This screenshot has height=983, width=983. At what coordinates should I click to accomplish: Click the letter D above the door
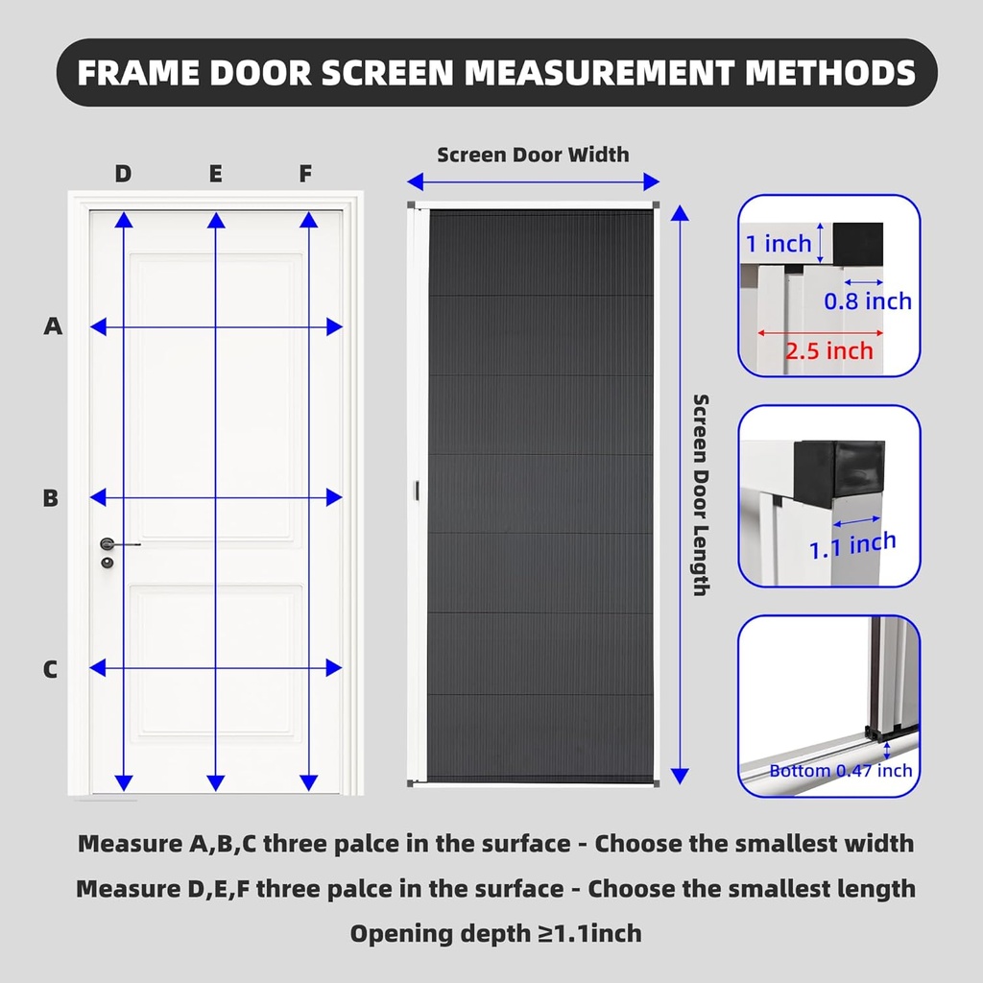[x=123, y=174]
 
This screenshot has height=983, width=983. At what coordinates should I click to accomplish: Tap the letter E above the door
[x=215, y=174]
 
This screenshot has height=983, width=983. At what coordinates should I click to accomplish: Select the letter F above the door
[x=305, y=174]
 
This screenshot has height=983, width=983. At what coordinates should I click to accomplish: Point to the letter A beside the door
[x=53, y=326]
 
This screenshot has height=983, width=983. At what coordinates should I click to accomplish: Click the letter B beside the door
[x=51, y=498]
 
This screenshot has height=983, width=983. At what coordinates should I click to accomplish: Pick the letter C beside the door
[x=51, y=669]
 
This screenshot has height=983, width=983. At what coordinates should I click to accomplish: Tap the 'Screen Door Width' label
[x=533, y=155]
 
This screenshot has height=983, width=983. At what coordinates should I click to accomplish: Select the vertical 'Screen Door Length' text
[x=702, y=494]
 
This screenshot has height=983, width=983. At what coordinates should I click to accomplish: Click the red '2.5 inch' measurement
[x=829, y=350]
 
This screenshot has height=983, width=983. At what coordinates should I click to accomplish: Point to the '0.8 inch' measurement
[x=867, y=301]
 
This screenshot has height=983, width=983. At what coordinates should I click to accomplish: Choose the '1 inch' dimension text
[x=779, y=244]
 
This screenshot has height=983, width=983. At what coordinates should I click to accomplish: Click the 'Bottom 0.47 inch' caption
[x=840, y=771]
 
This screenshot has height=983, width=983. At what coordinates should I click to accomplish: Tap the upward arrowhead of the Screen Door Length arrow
[x=680, y=212]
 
